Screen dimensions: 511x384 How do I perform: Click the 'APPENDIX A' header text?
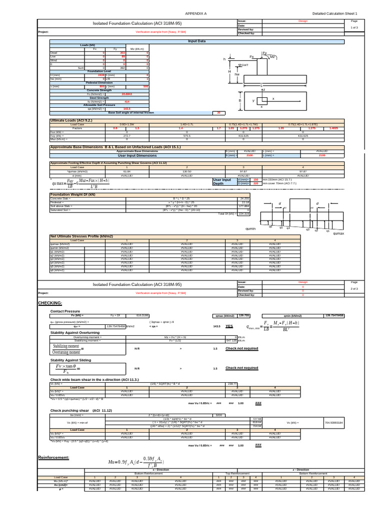(195, 13)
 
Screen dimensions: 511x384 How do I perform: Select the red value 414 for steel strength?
(126, 101)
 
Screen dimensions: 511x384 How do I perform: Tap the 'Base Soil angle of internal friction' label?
(131, 113)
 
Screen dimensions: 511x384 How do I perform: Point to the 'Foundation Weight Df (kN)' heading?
(73, 194)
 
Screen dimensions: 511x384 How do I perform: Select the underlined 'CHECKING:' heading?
(50, 303)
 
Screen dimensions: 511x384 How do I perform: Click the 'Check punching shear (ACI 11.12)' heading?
(81, 410)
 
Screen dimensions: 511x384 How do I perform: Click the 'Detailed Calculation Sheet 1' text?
(335, 13)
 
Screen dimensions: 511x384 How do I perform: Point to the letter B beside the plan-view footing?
(240, 101)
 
